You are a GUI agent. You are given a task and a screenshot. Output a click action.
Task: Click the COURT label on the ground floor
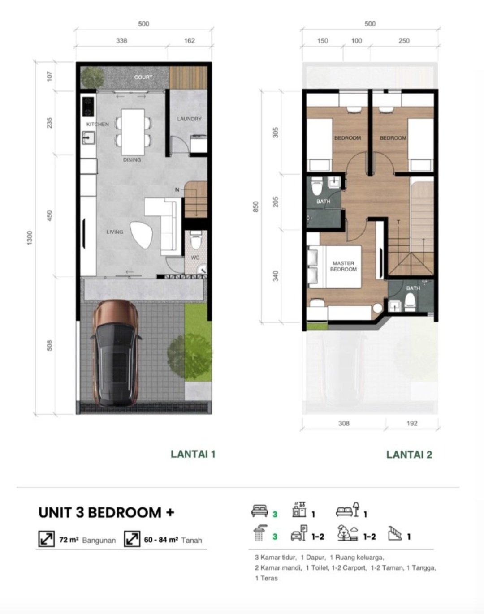(143, 77)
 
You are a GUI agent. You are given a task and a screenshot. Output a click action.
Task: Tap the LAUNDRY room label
(189, 119)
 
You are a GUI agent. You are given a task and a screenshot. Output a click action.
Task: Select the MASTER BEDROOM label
(343, 266)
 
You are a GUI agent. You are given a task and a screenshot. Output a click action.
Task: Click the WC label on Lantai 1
(195, 258)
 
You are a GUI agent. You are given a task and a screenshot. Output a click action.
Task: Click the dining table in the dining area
(133, 132)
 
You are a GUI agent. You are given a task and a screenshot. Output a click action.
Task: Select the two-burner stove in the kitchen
(88, 107)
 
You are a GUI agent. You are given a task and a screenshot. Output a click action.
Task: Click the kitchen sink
(88, 138)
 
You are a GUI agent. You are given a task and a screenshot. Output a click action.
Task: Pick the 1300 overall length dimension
(30, 238)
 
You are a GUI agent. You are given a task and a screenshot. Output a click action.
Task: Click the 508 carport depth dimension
(49, 345)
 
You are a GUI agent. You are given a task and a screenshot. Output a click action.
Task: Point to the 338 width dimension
(121, 41)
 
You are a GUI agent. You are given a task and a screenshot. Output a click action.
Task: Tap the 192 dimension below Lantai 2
(412, 423)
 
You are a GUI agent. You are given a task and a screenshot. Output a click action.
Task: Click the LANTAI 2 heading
(409, 455)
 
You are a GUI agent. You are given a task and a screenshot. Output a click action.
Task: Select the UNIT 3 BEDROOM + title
(106, 512)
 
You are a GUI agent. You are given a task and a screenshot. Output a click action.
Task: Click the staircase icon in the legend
(395, 533)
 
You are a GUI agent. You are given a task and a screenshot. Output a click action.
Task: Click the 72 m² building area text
(69, 540)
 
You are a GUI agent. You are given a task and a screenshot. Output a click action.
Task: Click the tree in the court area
(92, 77)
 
